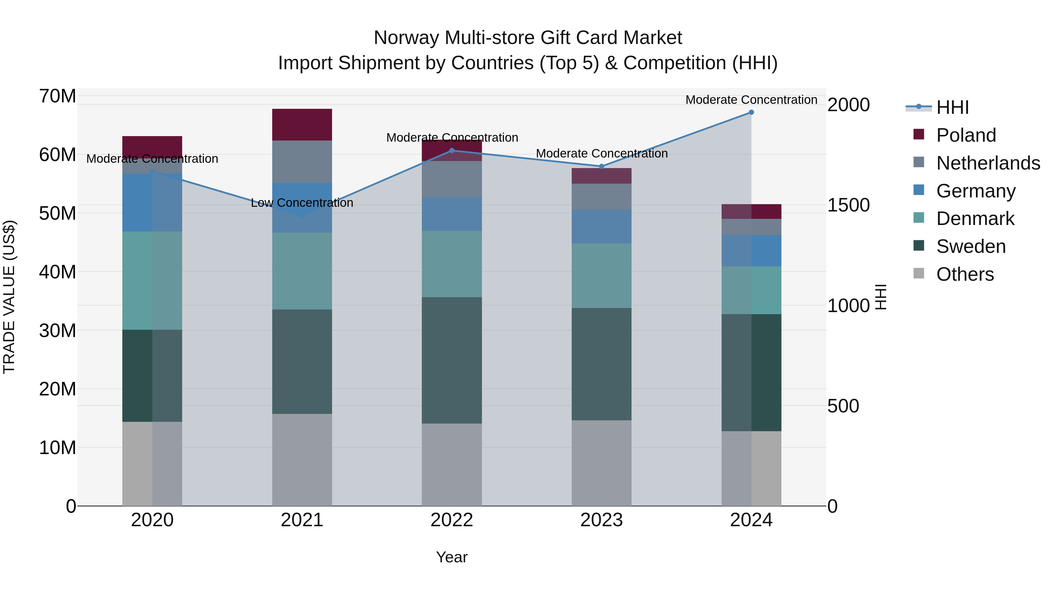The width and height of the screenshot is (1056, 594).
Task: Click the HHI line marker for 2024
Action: [x=751, y=112]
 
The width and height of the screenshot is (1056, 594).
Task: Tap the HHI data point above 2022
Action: [x=452, y=150]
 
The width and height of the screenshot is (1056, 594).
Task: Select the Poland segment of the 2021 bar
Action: [x=302, y=125]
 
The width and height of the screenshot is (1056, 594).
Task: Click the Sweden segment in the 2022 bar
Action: [x=452, y=360]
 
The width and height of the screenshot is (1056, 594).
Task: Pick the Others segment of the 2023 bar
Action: [x=601, y=463]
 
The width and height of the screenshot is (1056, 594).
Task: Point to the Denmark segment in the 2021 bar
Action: [x=302, y=271]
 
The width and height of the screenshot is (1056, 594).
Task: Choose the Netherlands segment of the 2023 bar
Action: [x=601, y=197]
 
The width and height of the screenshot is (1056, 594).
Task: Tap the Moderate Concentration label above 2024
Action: [x=751, y=100]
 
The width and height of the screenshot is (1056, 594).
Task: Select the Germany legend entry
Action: [x=976, y=191]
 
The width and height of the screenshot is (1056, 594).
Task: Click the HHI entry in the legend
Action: [x=952, y=107]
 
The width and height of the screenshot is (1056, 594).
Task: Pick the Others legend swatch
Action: [x=919, y=273]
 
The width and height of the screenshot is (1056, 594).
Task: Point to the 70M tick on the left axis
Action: [x=57, y=96]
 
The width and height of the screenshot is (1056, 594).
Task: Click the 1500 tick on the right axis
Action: [x=848, y=205]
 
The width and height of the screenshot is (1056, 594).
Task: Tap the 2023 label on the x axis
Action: [x=601, y=520]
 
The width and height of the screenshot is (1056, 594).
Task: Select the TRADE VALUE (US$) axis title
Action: [x=9, y=297]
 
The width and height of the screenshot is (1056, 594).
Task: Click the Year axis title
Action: [x=452, y=557]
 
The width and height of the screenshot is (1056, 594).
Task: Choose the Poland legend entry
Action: [x=966, y=135]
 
